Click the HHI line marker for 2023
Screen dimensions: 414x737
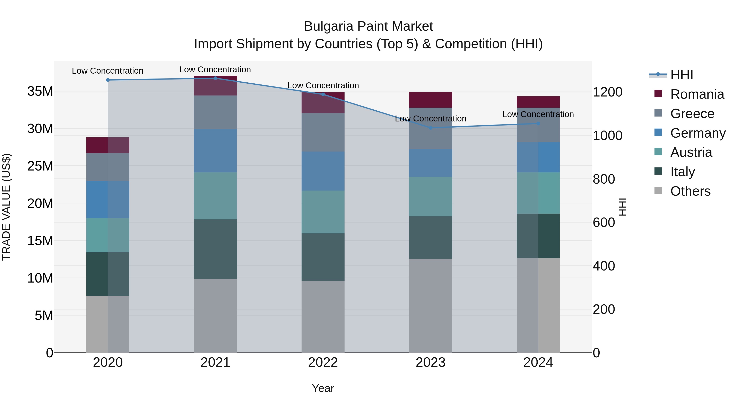[x=431, y=128]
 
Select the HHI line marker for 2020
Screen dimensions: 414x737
[x=108, y=80]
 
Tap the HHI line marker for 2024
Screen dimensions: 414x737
[x=538, y=123]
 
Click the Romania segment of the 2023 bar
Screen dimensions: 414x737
[x=431, y=100]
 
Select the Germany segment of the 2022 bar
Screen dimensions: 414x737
[x=323, y=171]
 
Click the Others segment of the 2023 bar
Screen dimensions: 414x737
[x=431, y=305]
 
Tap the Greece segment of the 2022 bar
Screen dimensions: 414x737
[x=323, y=132]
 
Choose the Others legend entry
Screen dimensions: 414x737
[x=690, y=191]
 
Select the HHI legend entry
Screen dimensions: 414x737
[x=682, y=75]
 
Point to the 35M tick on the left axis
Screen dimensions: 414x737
[x=40, y=91]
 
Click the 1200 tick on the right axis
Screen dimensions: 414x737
[x=607, y=92]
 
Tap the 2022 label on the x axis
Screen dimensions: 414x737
[x=323, y=362]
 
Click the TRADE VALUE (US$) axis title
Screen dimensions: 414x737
[x=6, y=207]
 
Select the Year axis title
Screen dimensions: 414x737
[x=323, y=388]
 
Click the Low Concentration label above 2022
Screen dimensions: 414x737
[x=323, y=85]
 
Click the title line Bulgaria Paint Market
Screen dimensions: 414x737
[x=368, y=26]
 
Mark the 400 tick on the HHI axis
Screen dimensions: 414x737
[x=604, y=266]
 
